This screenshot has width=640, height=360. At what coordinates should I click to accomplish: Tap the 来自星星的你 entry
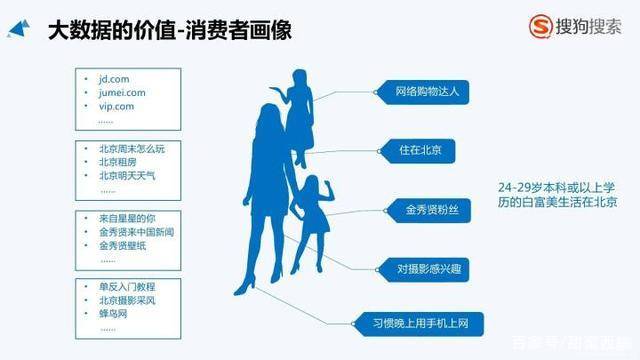tap(128, 218)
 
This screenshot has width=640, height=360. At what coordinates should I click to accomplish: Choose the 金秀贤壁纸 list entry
tap(128, 245)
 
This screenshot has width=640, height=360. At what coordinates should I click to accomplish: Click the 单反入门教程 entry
tap(128, 288)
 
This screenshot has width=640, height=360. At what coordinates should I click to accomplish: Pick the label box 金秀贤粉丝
tap(425, 210)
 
